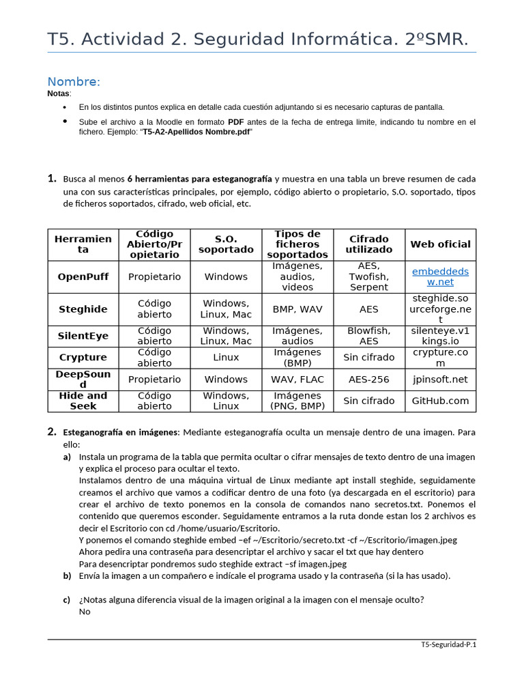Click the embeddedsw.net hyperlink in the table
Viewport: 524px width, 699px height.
click(440, 276)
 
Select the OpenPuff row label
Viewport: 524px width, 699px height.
click(83, 276)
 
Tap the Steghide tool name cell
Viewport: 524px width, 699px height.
click(83, 309)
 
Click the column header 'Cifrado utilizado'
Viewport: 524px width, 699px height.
click(368, 244)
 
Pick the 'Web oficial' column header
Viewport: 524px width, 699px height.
click(440, 244)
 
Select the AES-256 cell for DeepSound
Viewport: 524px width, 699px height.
click(368, 380)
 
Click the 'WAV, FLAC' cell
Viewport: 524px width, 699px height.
click(297, 380)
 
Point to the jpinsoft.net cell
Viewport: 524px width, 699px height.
click(440, 380)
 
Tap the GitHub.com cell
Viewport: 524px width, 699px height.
click(440, 401)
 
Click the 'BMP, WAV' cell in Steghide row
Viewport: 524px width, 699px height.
click(297, 309)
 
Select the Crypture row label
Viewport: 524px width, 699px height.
click(83, 357)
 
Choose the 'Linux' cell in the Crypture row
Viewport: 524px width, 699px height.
click(226, 357)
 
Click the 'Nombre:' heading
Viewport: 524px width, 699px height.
click(74, 82)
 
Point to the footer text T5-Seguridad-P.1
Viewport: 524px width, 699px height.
click(448, 644)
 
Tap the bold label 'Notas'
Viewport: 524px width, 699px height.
click(58, 94)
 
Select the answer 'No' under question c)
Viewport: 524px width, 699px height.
click(85, 612)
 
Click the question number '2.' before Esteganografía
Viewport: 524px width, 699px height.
click(52, 431)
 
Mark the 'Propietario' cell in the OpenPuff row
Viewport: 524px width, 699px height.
click(155, 276)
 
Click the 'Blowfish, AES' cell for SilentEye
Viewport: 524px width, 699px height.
click(368, 336)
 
